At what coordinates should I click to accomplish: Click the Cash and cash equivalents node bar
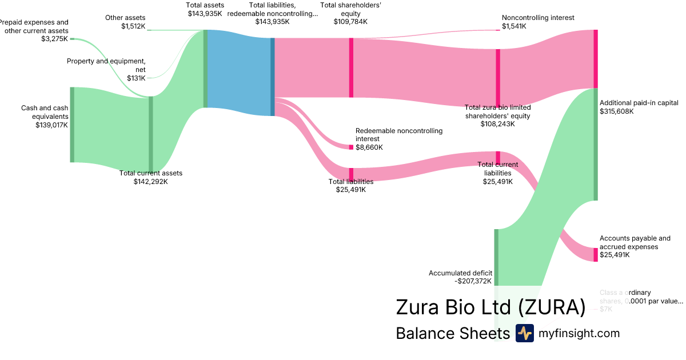(x=72, y=125)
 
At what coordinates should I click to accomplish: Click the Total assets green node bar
(x=205, y=69)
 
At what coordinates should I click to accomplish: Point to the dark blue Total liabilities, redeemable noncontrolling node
(x=273, y=77)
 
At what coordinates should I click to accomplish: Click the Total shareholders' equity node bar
(x=351, y=67)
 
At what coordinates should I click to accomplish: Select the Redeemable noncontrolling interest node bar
(x=351, y=147)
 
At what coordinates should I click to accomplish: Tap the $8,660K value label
(x=369, y=147)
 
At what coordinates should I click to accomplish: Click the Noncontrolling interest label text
(x=537, y=18)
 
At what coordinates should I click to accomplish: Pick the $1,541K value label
(x=513, y=26)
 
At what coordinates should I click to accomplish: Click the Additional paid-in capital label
(x=639, y=103)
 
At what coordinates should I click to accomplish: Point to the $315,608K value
(x=616, y=111)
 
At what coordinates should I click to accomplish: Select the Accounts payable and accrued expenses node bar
(x=595, y=255)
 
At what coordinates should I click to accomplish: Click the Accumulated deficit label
(x=460, y=273)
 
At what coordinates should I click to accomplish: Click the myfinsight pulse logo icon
(x=524, y=333)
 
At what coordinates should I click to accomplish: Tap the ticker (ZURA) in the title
(x=552, y=307)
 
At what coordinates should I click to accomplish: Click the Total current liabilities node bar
(x=498, y=158)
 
